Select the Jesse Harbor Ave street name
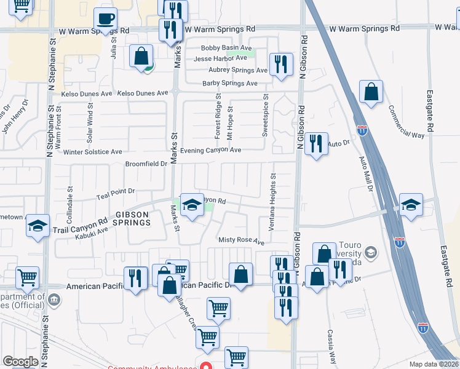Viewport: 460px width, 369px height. click(220, 58)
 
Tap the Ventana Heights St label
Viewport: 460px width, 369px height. click(272, 202)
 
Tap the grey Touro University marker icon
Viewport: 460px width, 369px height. click(371, 252)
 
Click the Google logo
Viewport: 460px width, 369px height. click(20, 362)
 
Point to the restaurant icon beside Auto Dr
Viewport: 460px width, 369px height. click(316, 144)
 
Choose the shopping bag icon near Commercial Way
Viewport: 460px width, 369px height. click(371, 92)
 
